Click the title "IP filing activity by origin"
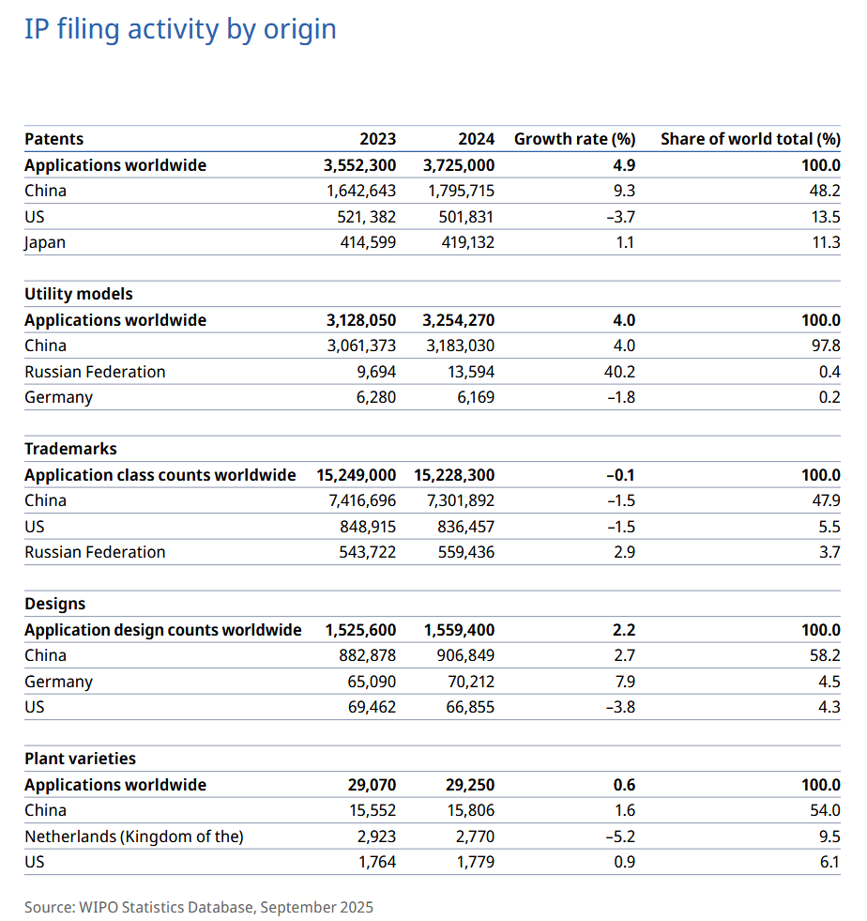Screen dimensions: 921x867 (x=180, y=29)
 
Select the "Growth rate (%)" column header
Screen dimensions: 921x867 (x=574, y=139)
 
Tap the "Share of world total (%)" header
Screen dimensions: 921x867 (x=750, y=139)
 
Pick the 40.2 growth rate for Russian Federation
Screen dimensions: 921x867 (x=619, y=372)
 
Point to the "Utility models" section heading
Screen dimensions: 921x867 (x=79, y=294)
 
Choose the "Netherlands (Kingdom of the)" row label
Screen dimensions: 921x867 (x=133, y=837)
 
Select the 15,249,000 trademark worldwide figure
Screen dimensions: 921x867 (x=356, y=475)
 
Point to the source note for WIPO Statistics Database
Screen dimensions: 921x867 (x=199, y=907)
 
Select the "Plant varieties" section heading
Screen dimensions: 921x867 (x=80, y=759)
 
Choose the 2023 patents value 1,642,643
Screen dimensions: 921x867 (x=361, y=191)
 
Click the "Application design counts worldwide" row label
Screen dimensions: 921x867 (x=163, y=630)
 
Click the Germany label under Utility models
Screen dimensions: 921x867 (x=58, y=397)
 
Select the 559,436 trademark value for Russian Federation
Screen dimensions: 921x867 (x=465, y=552)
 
